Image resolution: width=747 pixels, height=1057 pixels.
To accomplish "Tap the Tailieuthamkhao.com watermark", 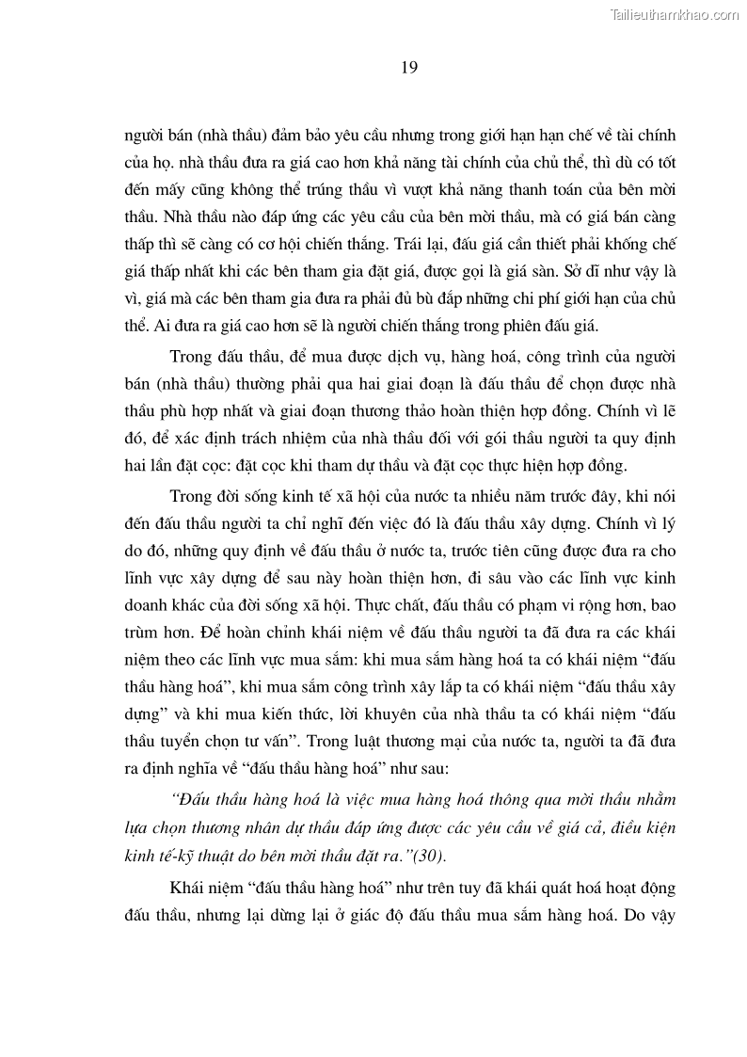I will point(675,14).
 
